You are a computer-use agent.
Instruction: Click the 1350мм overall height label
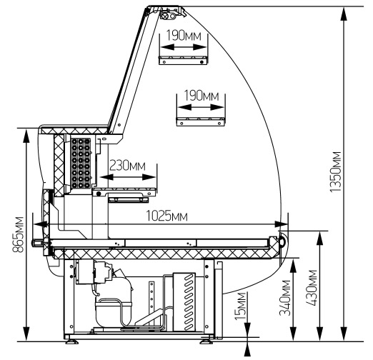pos(336,171)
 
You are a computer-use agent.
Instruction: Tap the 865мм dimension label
pos(18,234)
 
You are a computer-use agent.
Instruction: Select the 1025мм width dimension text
pos(166,216)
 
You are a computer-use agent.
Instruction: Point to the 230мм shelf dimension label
pos(127,166)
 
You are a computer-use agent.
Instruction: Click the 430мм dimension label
pos(312,288)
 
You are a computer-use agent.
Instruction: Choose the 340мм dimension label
pos(285,298)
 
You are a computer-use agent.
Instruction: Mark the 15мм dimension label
pos(240,306)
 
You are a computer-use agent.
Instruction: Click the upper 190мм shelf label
pos(184,36)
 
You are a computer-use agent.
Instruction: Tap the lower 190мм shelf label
pos(202,96)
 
